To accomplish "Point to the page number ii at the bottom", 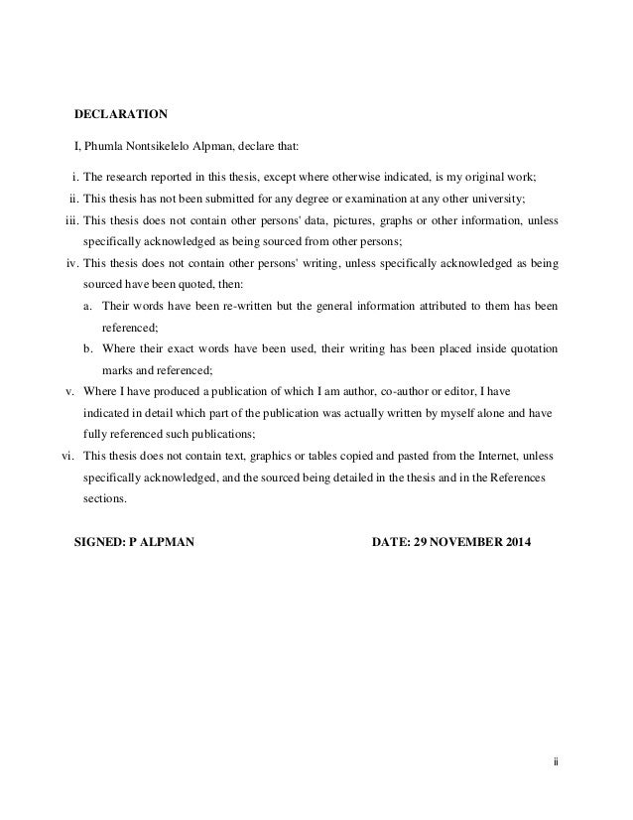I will point(556,762).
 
